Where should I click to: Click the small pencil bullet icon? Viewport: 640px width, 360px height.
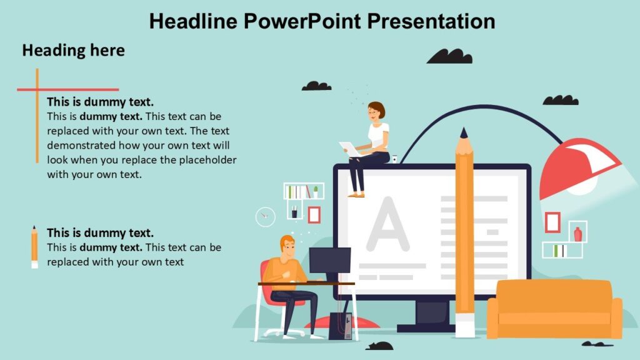click(34, 247)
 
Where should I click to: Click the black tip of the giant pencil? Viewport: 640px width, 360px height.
click(463, 134)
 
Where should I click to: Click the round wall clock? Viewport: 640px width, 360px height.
click(266, 216)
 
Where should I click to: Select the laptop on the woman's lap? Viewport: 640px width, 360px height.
click(350, 149)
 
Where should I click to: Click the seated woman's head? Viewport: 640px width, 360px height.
click(376, 111)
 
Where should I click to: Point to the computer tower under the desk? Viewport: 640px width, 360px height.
click(341, 326)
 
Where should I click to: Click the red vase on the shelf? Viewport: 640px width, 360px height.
click(577, 234)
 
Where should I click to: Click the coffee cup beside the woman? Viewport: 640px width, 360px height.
click(394, 158)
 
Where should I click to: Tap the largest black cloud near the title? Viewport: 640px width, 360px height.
click(449, 56)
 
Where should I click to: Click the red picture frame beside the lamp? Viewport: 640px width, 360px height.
click(552, 222)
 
